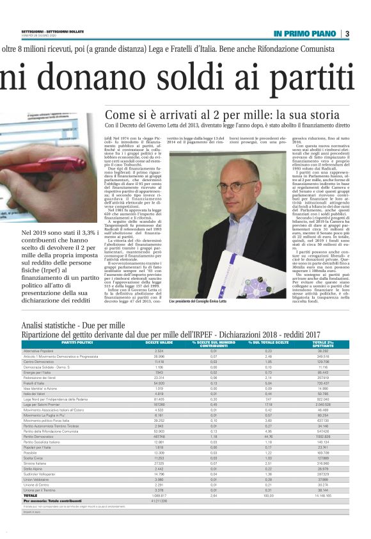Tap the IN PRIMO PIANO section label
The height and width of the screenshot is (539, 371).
click(x=304, y=33)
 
